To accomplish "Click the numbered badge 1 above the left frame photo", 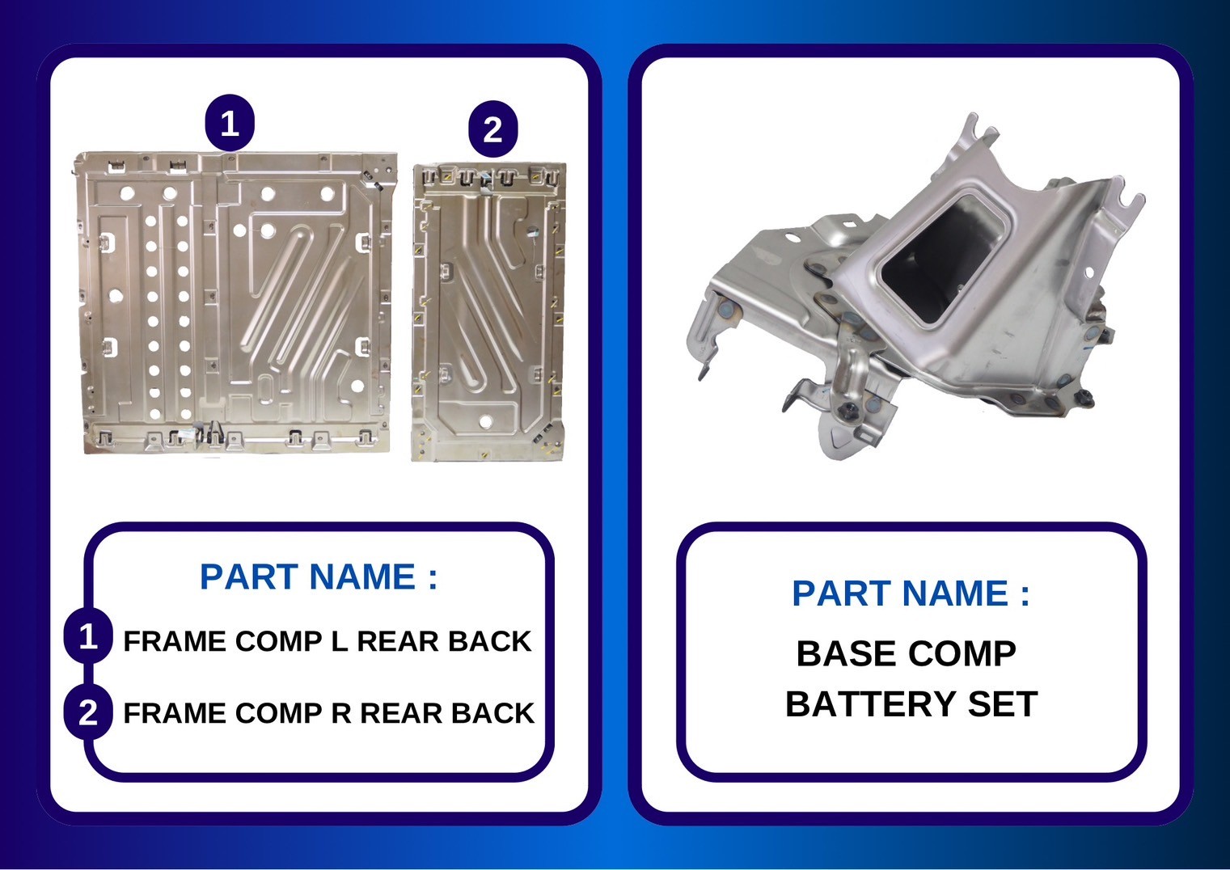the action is coord(230,124).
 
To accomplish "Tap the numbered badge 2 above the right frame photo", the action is coord(492,129).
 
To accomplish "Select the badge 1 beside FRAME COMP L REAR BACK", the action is coord(88,636).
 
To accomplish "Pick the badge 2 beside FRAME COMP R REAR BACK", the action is coord(88,712).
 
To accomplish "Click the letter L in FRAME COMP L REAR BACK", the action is coord(340,641).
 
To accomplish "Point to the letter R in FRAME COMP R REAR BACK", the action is coord(341,713).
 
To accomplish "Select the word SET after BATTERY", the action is coord(1003,703).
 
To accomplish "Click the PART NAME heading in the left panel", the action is coord(319,576).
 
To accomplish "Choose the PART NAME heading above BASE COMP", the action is coord(911,593).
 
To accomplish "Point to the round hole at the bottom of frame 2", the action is coord(485,421).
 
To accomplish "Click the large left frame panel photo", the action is coord(236,303).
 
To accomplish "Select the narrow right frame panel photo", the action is coord(488,312).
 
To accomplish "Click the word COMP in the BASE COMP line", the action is coord(962,654).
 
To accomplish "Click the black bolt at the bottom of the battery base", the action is coord(850,412).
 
